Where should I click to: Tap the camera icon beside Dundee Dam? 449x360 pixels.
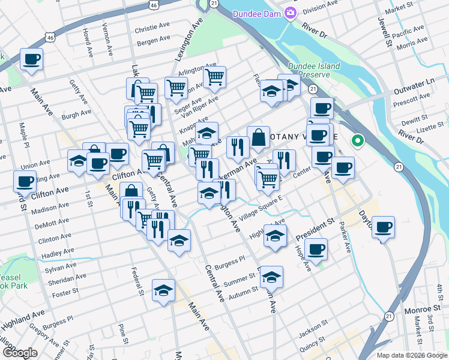click(x=291, y=12)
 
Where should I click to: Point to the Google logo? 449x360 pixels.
click(x=20, y=353)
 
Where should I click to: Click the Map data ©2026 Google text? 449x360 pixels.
click(x=412, y=355)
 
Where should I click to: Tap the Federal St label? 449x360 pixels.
click(x=139, y=280)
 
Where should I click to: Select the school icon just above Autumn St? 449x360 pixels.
click(x=271, y=277)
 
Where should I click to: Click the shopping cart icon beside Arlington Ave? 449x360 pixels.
click(x=214, y=77)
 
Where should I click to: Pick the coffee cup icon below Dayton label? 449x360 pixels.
click(x=383, y=227)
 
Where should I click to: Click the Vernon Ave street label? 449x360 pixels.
click(x=106, y=37)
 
